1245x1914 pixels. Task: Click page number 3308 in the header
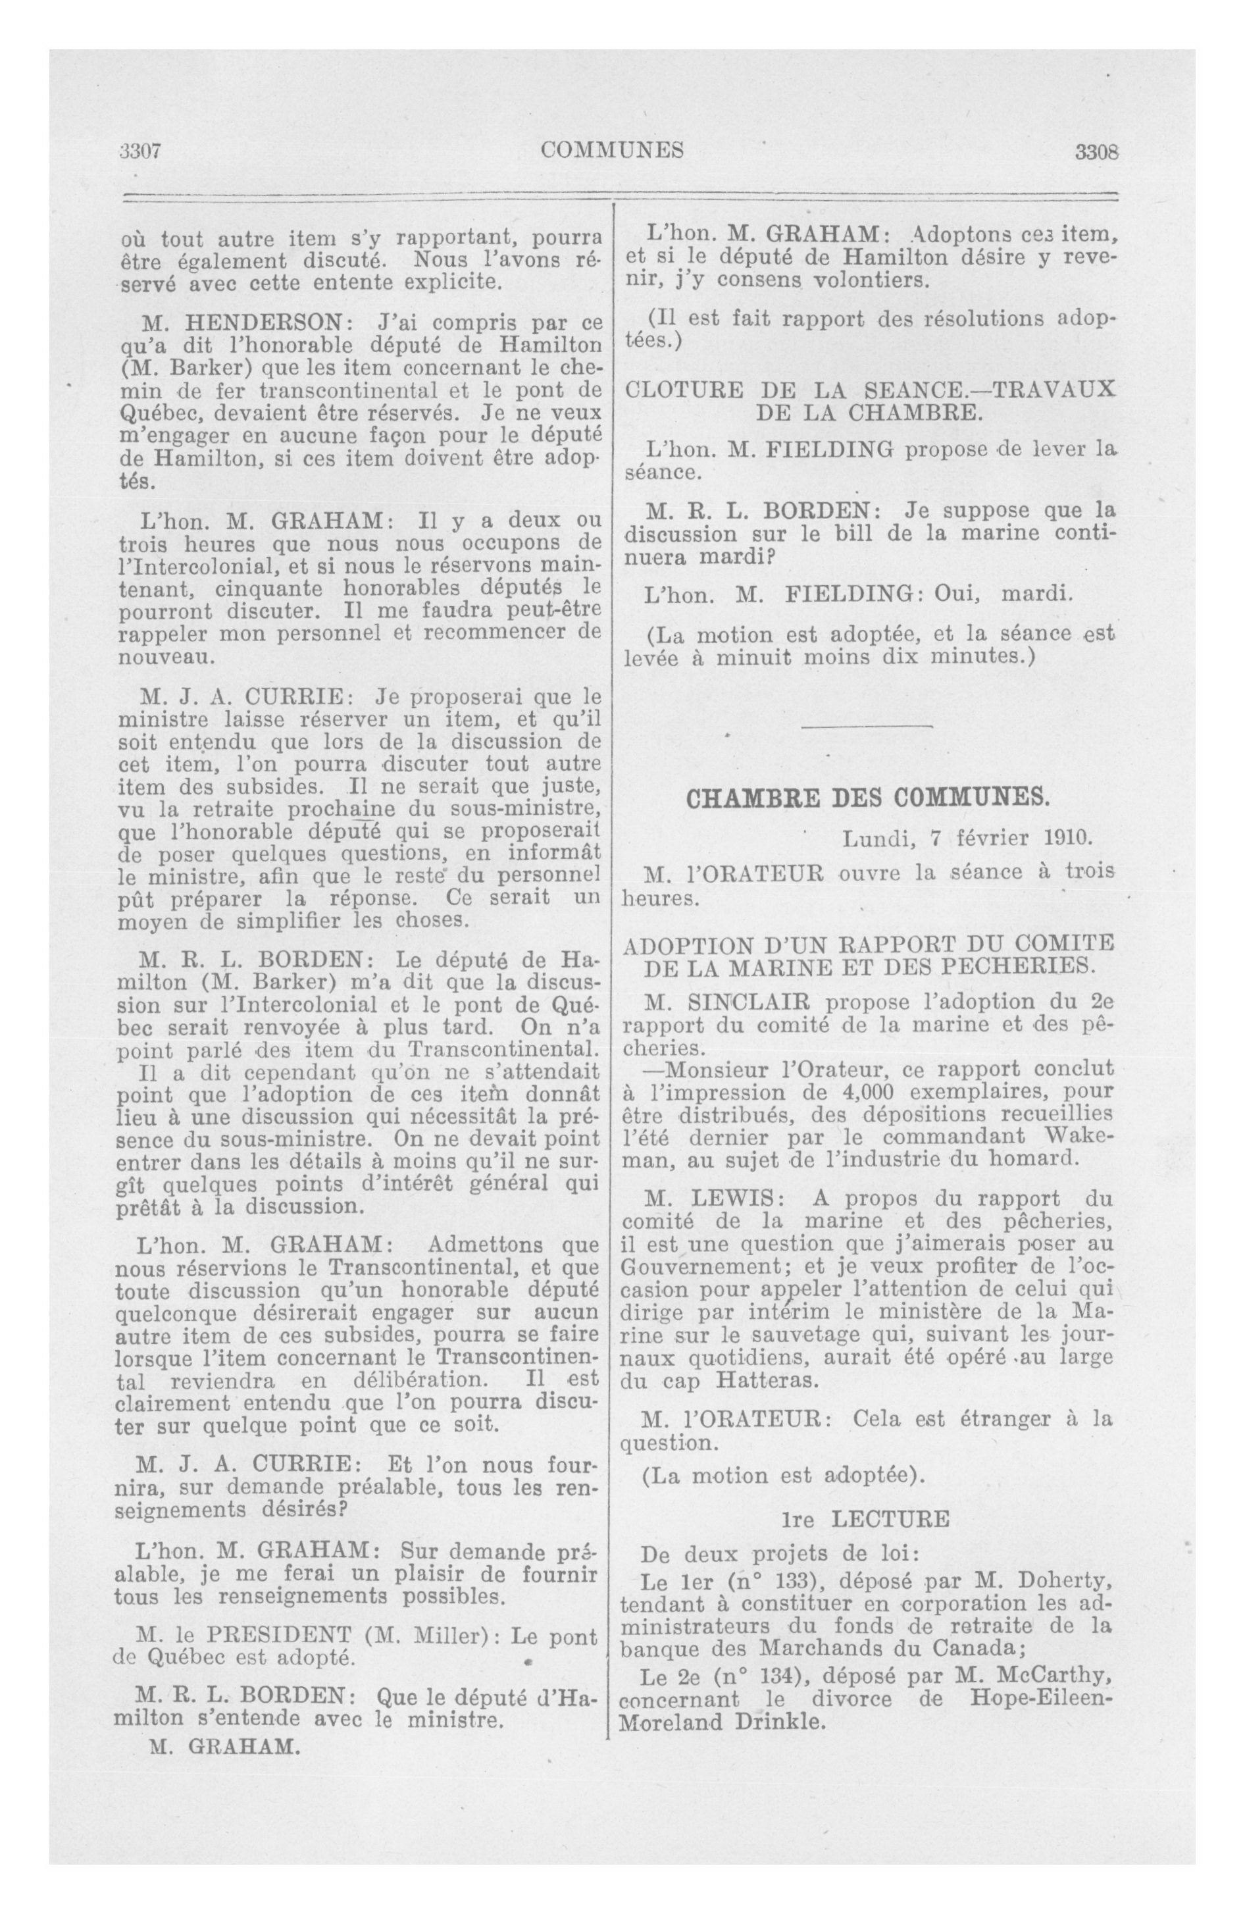(1097, 152)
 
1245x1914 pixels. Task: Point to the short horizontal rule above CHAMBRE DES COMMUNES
(868, 727)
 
